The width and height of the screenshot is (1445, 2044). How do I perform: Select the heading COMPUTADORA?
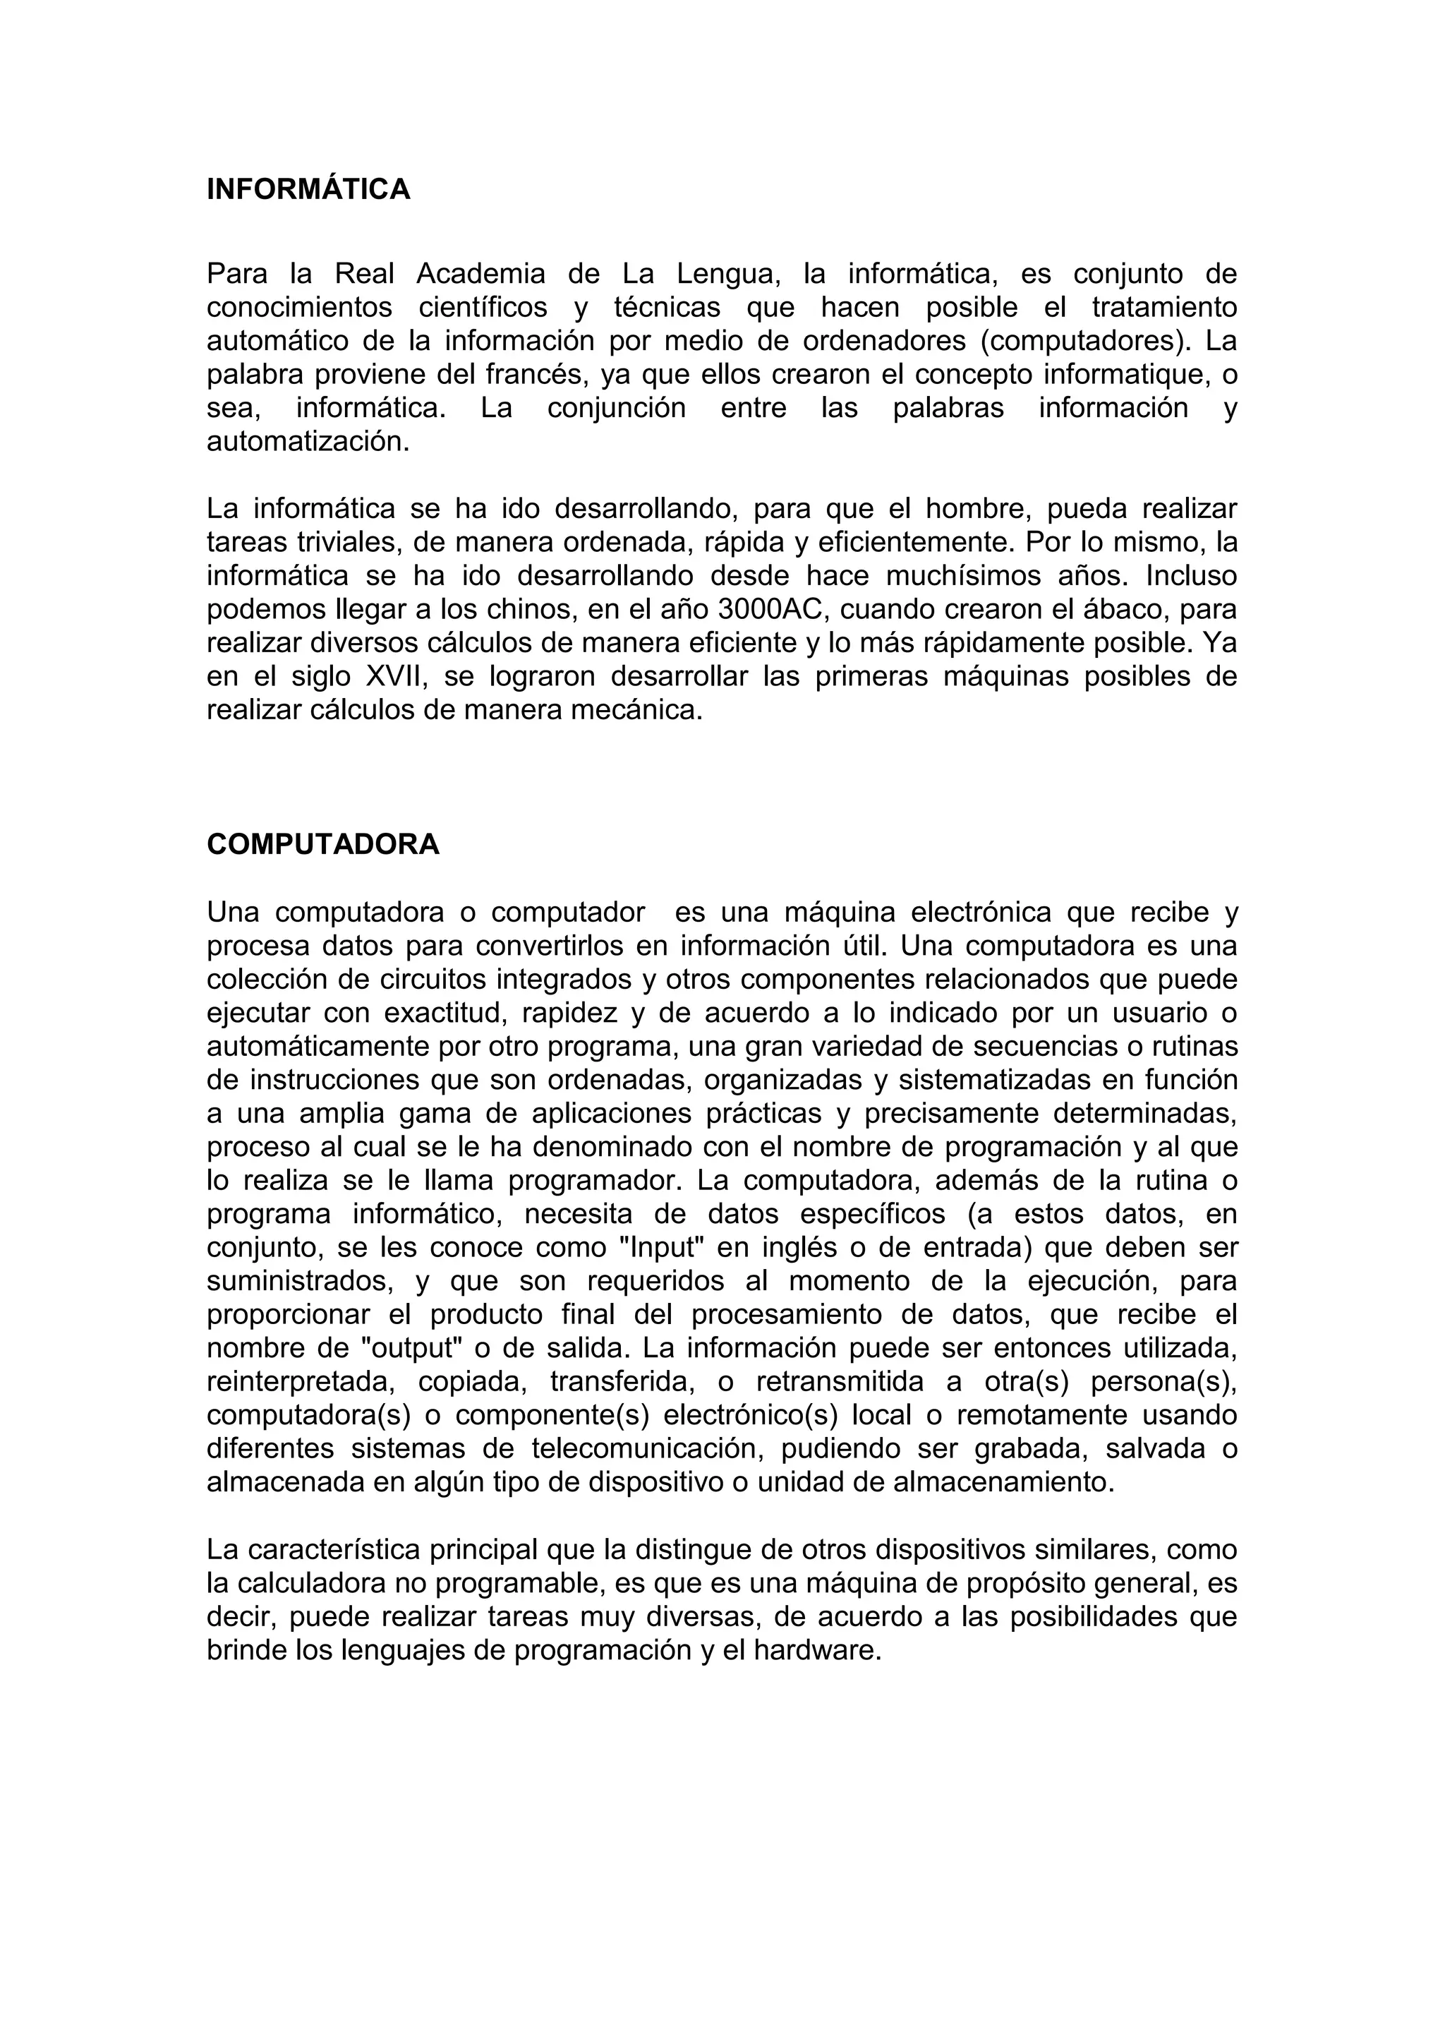tap(323, 845)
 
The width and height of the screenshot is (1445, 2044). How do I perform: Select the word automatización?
tap(308, 443)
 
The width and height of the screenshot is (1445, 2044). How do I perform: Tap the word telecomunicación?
tap(648, 1449)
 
